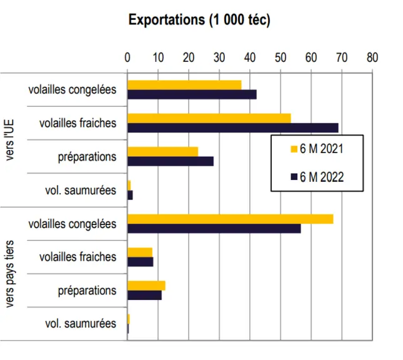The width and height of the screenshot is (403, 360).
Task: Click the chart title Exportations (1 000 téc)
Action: pos(199,20)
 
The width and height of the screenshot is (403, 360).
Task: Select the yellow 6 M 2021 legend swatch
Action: pos(294,149)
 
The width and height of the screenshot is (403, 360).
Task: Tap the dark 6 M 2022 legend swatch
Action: pos(294,177)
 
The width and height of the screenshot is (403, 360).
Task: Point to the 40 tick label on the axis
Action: pos(250,57)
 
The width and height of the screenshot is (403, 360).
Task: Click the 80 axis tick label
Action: pos(372,57)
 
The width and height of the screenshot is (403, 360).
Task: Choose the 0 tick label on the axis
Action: pos(127,57)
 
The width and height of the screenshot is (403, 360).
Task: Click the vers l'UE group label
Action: pos(9,140)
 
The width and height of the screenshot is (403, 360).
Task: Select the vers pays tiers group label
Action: pos(9,274)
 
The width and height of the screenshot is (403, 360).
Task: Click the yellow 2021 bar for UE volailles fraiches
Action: pos(209,118)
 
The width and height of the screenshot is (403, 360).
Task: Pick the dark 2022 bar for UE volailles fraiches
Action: pos(233,127)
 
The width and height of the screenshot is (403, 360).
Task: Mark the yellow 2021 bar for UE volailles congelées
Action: pos(184,85)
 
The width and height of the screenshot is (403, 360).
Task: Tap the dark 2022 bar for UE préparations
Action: pos(171,161)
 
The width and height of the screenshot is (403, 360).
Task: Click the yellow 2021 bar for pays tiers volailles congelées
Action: pos(231,219)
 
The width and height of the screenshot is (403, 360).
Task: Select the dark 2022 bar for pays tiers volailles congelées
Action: pos(214,228)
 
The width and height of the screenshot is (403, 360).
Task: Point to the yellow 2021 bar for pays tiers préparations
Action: pos(146,286)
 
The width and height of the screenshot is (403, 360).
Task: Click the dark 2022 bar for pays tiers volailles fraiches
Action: pos(141,262)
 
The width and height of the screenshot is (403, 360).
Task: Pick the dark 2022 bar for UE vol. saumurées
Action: pos(130,195)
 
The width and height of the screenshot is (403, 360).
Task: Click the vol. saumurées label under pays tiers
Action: pos(81,324)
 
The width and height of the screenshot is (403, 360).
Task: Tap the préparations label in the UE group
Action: pos(87,157)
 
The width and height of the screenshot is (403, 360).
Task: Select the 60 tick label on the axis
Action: pos(311,57)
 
